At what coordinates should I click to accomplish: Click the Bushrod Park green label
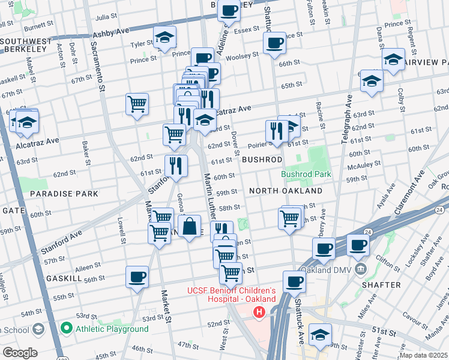306,175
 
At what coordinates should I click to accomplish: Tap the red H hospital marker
259,312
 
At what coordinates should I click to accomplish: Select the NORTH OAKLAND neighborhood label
286,191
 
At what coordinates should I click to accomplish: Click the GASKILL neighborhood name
64,279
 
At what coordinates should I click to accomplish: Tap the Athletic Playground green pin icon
66,328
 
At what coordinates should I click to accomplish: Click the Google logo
20,353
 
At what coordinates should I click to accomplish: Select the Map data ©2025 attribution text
423,355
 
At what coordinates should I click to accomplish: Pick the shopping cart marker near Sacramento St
137,103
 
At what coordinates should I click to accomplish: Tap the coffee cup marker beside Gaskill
137,277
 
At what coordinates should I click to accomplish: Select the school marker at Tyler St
164,37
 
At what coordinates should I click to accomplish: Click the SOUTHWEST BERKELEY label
28,46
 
